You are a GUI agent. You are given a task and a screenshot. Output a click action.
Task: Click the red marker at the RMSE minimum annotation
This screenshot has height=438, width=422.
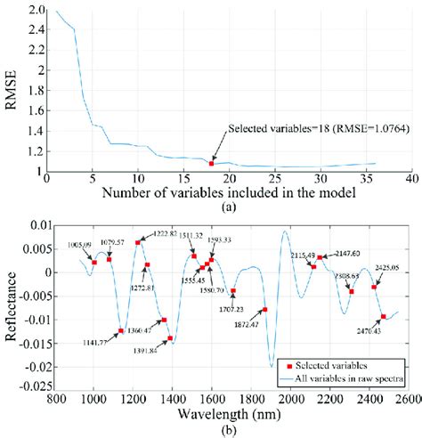coord(211,163)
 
